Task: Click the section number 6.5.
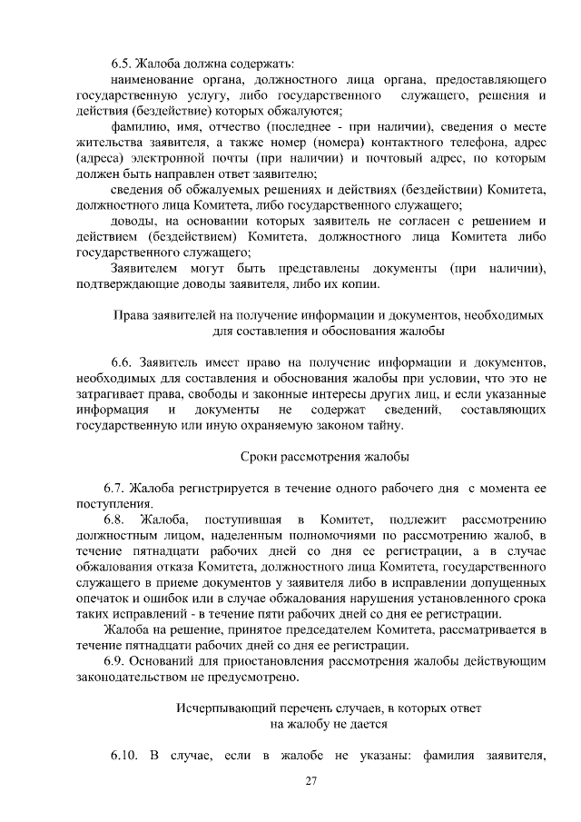pyautogui.click(x=121, y=64)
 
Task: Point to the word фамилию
pyautogui.click(x=135, y=125)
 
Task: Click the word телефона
pyautogui.click(x=458, y=142)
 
